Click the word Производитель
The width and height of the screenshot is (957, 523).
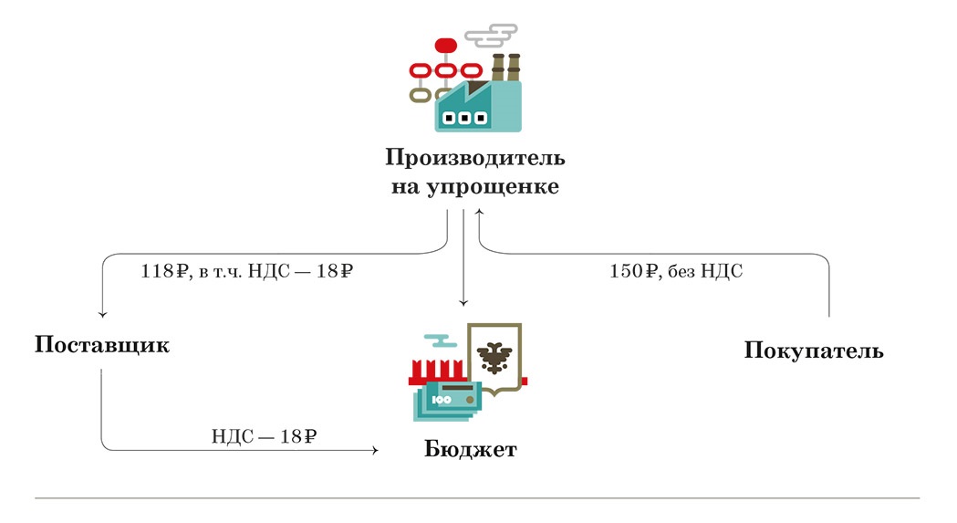pos(474,157)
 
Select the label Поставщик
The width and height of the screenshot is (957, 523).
pos(102,346)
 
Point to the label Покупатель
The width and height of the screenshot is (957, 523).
pos(814,350)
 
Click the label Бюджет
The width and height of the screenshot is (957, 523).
pos(470,450)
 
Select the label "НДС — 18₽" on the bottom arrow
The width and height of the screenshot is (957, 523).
pos(264,436)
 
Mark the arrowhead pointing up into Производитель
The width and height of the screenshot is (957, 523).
pos(479,214)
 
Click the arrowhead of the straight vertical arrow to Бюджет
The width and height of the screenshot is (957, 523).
pos(463,302)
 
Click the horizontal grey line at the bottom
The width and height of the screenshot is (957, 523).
pos(477,498)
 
